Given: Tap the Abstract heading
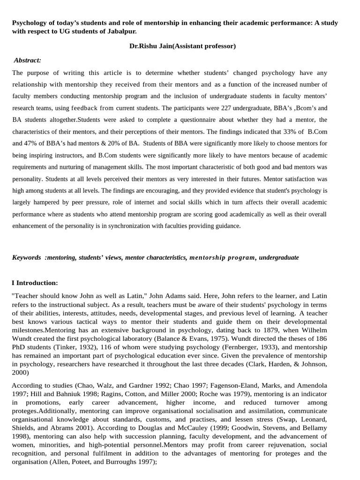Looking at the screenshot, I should (27, 60).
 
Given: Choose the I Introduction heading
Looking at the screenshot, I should (35, 283).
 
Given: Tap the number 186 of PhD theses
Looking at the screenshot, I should (320, 338).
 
